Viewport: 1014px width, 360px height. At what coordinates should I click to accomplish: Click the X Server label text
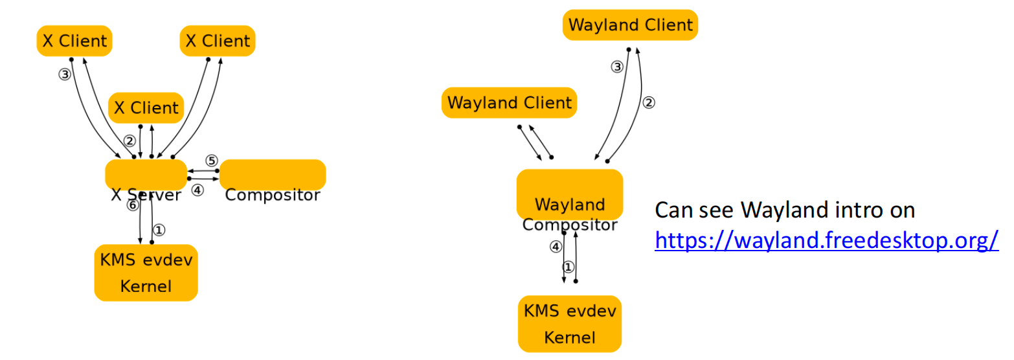pyautogui.click(x=146, y=195)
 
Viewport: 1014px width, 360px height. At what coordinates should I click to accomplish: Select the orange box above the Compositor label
pyautogui.click(x=273, y=174)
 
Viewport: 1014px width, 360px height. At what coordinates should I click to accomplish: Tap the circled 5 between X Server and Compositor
pyautogui.click(x=211, y=161)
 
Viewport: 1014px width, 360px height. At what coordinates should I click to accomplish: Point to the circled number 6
pyautogui.click(x=133, y=205)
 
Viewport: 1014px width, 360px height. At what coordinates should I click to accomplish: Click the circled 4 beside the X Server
pyautogui.click(x=197, y=190)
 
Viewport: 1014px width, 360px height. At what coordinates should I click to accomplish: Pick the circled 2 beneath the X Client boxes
pyautogui.click(x=130, y=141)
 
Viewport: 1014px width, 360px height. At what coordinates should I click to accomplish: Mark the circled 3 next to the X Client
pyautogui.click(x=65, y=74)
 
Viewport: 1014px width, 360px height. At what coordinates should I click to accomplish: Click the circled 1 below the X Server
pyautogui.click(x=159, y=230)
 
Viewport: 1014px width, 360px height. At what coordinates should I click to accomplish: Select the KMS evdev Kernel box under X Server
pyautogui.click(x=146, y=273)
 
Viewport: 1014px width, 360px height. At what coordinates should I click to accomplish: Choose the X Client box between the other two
pyautogui.click(x=146, y=107)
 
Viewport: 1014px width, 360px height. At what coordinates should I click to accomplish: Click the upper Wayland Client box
pyautogui.click(x=630, y=25)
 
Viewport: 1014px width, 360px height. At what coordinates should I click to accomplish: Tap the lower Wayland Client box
pyautogui.click(x=509, y=103)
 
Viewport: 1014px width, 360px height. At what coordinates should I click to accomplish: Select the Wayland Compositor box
pyautogui.click(x=569, y=195)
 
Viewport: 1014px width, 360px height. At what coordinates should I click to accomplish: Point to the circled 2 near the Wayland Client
pyautogui.click(x=649, y=103)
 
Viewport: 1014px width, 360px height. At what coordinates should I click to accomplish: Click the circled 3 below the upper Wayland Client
pyautogui.click(x=617, y=67)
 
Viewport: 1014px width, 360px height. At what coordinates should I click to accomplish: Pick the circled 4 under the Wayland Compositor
pyautogui.click(x=556, y=247)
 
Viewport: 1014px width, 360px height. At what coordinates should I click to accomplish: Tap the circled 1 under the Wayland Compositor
pyautogui.click(x=569, y=267)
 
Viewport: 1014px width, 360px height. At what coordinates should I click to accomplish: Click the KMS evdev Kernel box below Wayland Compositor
pyautogui.click(x=569, y=324)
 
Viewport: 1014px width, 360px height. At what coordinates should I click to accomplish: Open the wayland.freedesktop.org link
pyautogui.click(x=827, y=240)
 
